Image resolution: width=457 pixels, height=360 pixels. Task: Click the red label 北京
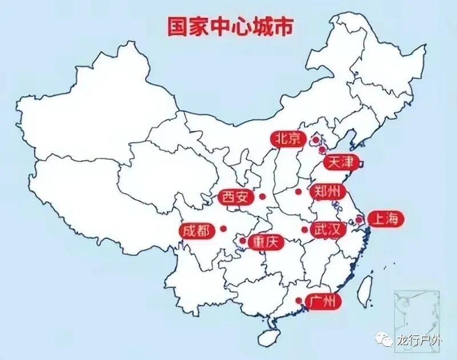pyautogui.click(x=288, y=139)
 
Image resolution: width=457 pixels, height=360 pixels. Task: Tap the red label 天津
pyautogui.click(x=341, y=162)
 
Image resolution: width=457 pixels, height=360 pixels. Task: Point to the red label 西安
pyautogui.click(x=235, y=198)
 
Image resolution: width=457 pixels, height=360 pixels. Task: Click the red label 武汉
pyautogui.click(x=328, y=230)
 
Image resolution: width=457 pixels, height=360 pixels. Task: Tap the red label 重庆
pyautogui.click(x=266, y=242)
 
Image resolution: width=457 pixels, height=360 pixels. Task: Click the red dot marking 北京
pyautogui.click(x=315, y=139)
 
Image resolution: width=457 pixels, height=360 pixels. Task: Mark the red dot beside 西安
pyautogui.click(x=262, y=197)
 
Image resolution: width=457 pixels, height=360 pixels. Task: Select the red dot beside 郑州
pyautogui.click(x=298, y=191)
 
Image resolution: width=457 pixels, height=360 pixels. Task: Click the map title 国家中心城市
pyautogui.click(x=230, y=27)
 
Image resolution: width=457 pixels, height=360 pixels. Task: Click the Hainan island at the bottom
pyautogui.click(x=266, y=337)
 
